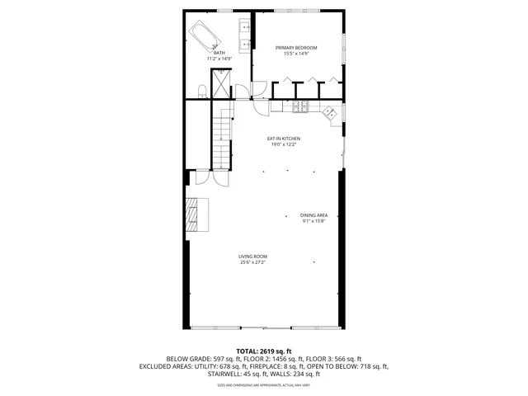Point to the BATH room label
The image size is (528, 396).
(219, 53)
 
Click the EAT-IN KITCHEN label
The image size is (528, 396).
(283, 139)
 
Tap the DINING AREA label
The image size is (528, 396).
(313, 215)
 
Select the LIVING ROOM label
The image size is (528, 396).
(253, 257)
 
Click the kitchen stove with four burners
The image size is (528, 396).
(299, 106)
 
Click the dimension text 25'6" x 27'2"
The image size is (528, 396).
(253, 262)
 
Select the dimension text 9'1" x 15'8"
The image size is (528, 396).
(313, 221)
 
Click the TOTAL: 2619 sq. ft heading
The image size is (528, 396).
(264, 351)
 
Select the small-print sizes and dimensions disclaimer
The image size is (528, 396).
(264, 384)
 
